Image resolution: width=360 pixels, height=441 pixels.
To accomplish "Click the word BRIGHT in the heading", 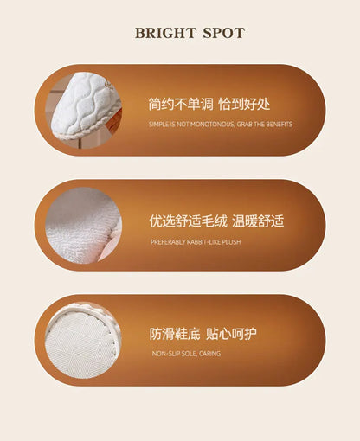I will coord(162,34).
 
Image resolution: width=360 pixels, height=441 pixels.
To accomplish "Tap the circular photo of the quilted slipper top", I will coord(84,111).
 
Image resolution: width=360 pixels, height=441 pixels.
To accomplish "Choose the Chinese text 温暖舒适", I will coord(258,221).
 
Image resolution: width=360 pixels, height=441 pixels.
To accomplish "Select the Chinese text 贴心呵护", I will coord(231,334).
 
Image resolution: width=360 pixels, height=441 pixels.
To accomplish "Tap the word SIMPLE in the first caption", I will coord(159,125).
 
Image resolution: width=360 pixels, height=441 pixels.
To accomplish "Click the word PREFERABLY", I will coord(167,242).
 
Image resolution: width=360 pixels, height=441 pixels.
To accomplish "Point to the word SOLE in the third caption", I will coord(188,355).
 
